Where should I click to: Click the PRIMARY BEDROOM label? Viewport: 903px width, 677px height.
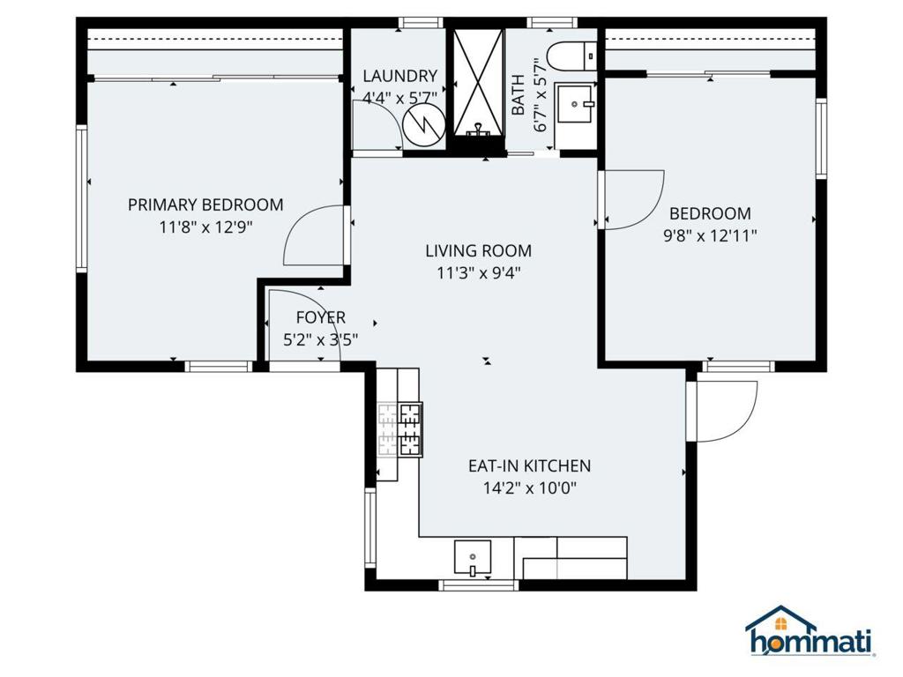coord(205,205)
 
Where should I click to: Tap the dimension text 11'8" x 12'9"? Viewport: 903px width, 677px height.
coord(205,227)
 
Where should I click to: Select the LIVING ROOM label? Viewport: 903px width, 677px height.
coord(478,251)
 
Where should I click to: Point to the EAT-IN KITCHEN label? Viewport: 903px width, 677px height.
coord(528,466)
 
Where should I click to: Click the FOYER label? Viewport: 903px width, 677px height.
coord(320,317)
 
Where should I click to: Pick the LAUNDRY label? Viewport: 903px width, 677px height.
coord(399,76)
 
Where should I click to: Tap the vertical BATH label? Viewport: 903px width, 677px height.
coord(519,95)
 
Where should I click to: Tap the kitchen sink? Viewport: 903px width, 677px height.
coord(474,557)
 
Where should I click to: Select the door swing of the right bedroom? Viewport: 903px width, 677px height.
coord(632,200)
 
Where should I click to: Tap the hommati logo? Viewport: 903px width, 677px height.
coord(810,632)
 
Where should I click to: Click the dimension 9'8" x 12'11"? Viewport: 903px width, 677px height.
coord(710,235)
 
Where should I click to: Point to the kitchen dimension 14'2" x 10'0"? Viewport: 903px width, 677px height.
coord(528,488)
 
